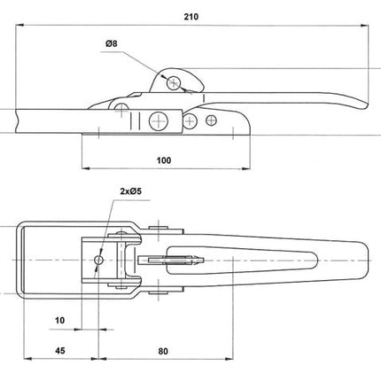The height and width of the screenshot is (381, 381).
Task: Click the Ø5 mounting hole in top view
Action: (x=98, y=260)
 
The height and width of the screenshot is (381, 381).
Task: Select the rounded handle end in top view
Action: (x=363, y=259)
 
